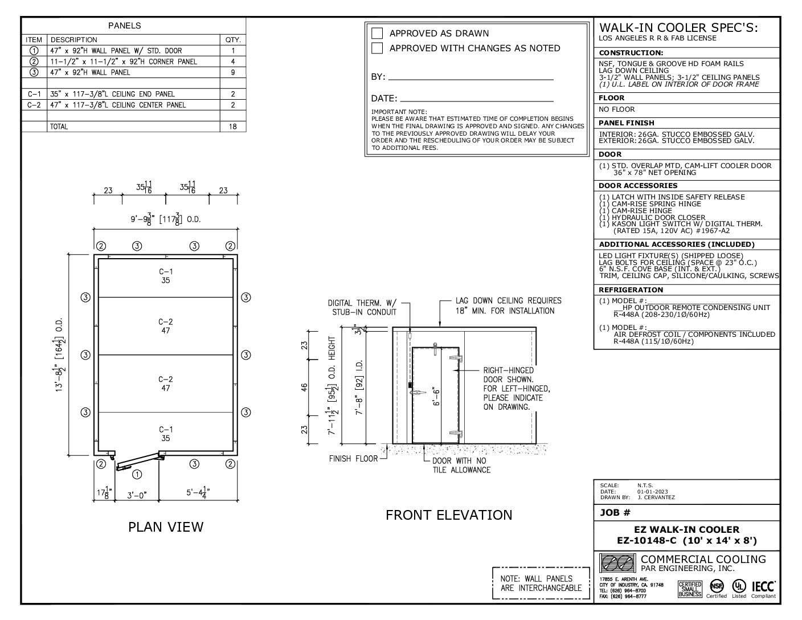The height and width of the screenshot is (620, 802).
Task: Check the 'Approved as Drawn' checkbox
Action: [377, 33]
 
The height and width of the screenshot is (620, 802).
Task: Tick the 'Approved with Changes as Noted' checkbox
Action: [377, 48]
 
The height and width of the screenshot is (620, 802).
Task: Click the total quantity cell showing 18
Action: [232, 127]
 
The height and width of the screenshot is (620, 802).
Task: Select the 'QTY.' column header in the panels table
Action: [232, 40]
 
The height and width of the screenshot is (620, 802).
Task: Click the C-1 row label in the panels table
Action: [34, 94]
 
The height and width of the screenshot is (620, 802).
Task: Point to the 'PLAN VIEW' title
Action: [165, 527]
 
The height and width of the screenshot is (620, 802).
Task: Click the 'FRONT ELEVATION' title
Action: [449, 515]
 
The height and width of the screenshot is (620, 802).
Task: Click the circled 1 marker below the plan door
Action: [137, 474]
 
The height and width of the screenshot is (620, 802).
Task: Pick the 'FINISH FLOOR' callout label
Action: [353, 458]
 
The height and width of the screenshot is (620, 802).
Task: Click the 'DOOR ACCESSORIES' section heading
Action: [638, 186]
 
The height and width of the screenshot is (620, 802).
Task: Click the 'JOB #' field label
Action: [615, 512]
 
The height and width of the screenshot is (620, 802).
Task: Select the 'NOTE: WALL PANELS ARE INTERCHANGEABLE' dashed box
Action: [541, 583]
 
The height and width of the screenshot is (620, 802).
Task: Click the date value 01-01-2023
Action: [653, 491]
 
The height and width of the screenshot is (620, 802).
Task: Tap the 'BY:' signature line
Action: [470, 77]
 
